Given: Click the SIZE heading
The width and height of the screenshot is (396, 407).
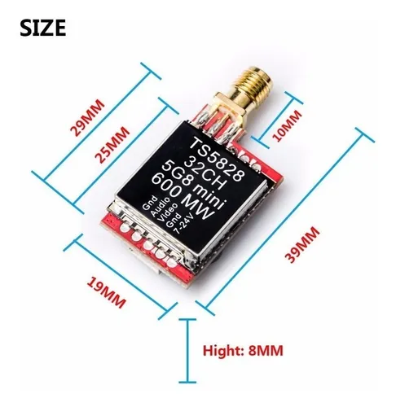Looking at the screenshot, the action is [x=43, y=28].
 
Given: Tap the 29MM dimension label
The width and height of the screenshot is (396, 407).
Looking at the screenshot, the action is [x=87, y=118].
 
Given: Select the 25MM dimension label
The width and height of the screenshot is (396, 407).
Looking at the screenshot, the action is [x=112, y=145].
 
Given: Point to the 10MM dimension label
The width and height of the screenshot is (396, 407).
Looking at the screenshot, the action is [x=287, y=125].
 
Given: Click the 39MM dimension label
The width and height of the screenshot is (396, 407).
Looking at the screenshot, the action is [x=301, y=244].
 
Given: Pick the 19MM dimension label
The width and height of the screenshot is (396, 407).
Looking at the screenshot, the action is [x=106, y=292].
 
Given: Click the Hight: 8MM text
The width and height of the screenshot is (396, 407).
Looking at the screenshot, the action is [x=243, y=351].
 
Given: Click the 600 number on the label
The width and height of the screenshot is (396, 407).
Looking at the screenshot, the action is [x=166, y=185].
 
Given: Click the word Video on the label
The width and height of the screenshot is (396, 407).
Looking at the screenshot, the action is [x=168, y=212].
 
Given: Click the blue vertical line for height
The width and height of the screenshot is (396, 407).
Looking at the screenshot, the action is [x=187, y=351].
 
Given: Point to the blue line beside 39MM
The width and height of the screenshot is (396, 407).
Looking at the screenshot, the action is [x=284, y=221].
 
